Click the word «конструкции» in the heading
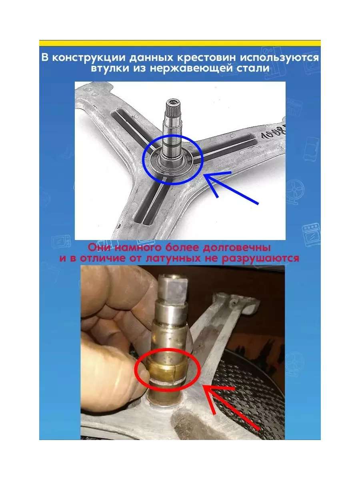point(89,58)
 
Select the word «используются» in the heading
point(280,58)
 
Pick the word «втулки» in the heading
point(110,68)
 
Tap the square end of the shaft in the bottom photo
point(172,288)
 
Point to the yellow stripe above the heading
point(180,43)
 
